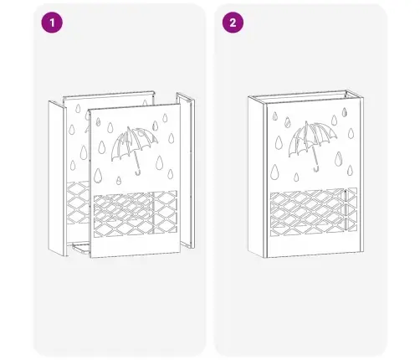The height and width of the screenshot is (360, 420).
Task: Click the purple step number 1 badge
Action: (x=52, y=23)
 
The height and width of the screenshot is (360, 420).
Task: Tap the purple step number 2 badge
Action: (x=233, y=23)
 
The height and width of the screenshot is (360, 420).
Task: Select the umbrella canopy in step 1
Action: (x=134, y=143)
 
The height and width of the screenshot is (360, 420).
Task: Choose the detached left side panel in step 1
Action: (x=58, y=178)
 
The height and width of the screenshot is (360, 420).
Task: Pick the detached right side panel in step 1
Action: (x=187, y=171)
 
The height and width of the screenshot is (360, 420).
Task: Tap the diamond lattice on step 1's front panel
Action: (x=136, y=213)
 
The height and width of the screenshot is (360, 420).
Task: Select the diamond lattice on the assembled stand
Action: (x=314, y=212)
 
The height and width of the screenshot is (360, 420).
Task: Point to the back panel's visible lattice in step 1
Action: (x=78, y=203)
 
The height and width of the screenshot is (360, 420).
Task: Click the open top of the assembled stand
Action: (x=305, y=96)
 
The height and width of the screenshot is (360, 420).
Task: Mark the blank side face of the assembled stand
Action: (x=255, y=177)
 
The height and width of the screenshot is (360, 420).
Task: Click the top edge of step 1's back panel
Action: (x=109, y=95)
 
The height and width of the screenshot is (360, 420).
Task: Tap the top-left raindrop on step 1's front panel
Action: (x=98, y=121)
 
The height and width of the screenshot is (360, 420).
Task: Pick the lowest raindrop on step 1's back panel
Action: (x=73, y=165)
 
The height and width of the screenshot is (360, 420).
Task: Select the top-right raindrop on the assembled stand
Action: (x=345, y=112)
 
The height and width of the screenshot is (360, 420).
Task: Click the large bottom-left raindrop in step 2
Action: (x=274, y=172)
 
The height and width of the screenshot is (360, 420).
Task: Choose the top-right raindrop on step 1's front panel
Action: (x=165, y=118)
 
